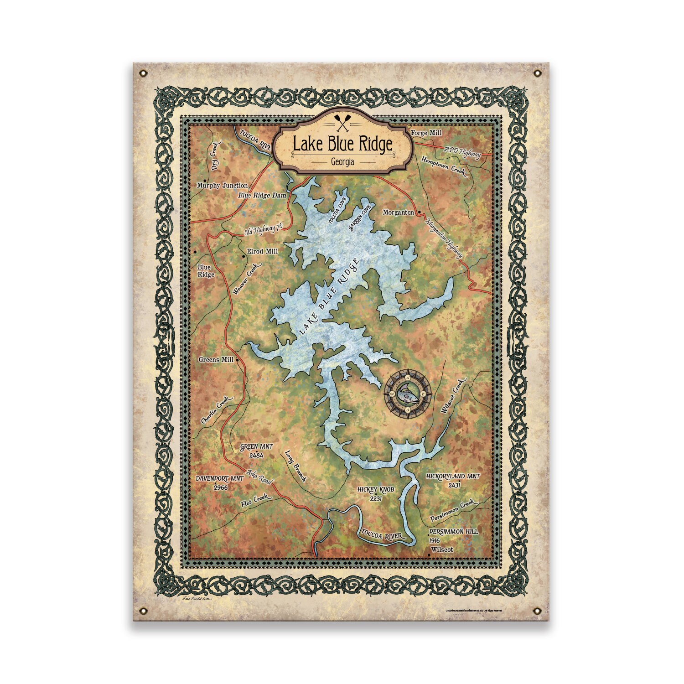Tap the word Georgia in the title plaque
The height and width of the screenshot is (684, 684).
click(x=342, y=162)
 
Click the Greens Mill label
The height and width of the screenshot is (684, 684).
click(x=216, y=359)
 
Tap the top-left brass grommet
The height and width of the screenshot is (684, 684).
click(x=144, y=73)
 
